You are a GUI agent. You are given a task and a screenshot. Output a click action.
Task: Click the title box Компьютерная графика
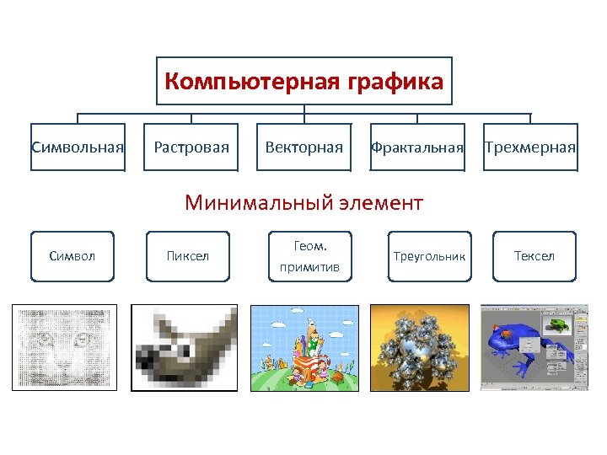click(x=303, y=82)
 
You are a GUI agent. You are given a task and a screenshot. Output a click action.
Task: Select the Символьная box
click(x=78, y=147)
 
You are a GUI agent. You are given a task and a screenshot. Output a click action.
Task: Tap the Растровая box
click(x=191, y=147)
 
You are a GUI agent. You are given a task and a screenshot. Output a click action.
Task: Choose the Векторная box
click(x=304, y=147)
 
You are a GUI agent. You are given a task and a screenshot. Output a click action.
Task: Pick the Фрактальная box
click(x=417, y=147)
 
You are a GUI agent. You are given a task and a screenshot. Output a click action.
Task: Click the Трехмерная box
click(x=530, y=147)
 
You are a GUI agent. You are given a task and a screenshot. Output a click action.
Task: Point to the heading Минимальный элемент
click(x=303, y=202)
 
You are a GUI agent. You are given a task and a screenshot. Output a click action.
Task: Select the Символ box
click(x=73, y=255)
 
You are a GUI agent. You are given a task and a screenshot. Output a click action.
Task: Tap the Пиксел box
click(x=188, y=255)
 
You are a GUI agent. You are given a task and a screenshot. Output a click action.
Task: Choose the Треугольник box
click(x=429, y=255)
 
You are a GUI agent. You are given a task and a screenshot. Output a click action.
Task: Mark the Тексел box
click(x=534, y=255)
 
